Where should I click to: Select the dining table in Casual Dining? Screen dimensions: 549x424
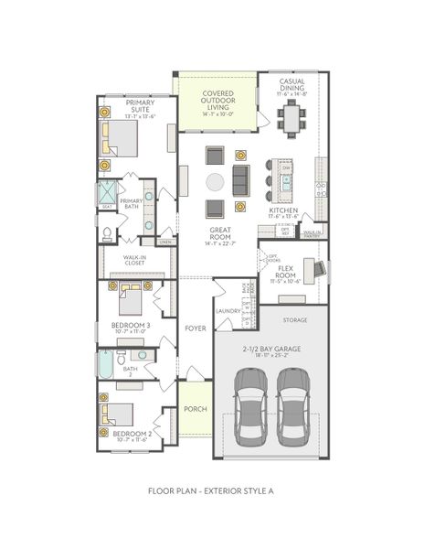[291, 116]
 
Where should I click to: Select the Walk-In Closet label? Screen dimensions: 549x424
[135, 260]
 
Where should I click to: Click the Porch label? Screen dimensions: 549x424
[194, 409]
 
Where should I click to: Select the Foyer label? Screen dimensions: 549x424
[195, 328]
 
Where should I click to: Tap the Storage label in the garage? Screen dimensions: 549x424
[295, 320]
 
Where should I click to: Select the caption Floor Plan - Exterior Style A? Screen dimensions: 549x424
[211, 490]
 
